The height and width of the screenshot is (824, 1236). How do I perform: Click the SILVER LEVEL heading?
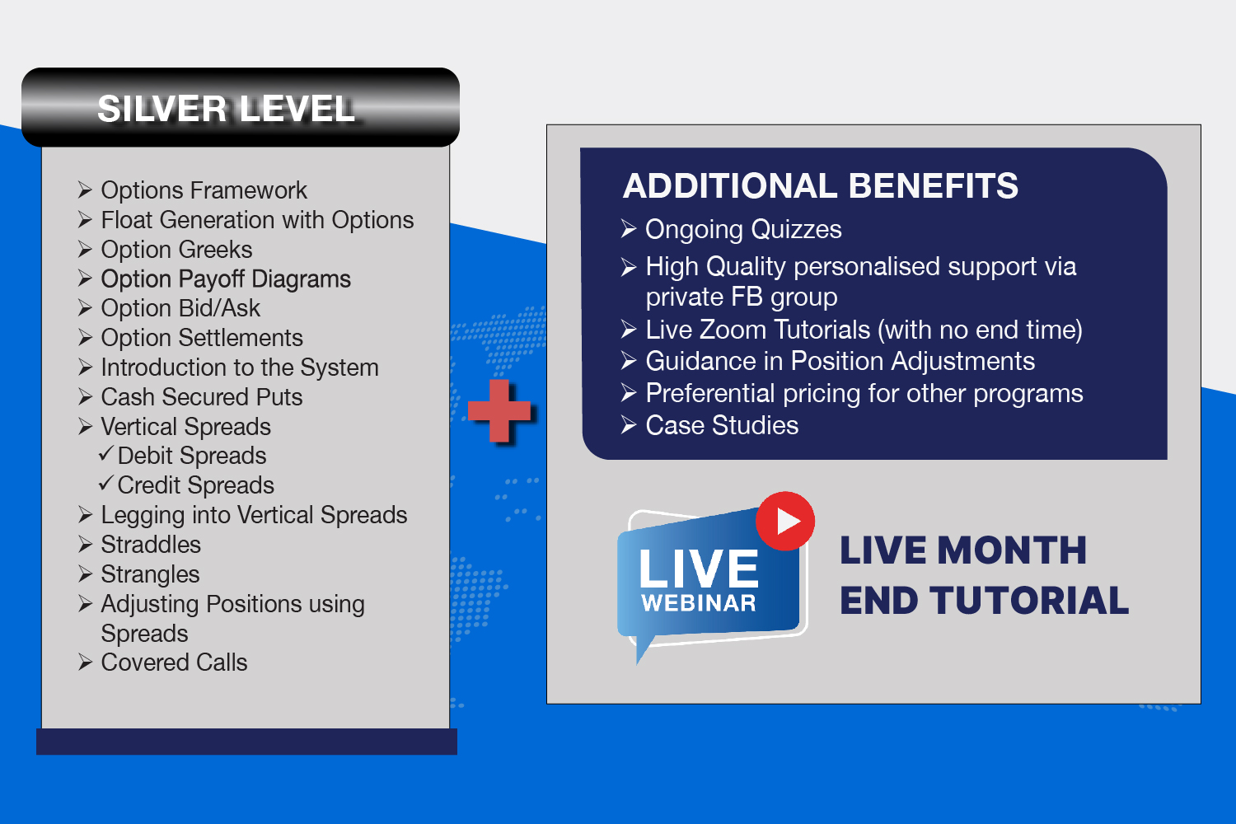coord(226,108)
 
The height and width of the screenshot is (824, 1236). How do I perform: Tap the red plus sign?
coord(499,410)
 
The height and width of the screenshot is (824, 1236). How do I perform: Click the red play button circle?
coord(784,521)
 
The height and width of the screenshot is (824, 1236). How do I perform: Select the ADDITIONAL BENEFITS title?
coord(820,185)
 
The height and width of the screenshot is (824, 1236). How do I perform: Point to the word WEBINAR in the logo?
coord(699,603)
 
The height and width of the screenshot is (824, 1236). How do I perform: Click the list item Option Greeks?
coord(176,250)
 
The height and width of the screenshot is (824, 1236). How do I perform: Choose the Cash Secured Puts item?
coord(202,397)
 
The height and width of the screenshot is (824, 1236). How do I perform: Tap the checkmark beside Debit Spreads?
coord(106,454)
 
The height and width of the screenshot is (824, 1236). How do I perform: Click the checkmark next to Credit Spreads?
coord(106,484)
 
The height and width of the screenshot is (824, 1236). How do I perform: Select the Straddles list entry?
coord(151,545)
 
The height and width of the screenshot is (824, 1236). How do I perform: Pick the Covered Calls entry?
coord(174,662)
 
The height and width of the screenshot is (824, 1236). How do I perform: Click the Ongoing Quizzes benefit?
coord(743,230)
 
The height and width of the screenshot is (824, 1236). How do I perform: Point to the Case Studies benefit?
coord(722,425)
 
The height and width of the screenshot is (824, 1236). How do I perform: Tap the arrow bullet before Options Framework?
coord(85,190)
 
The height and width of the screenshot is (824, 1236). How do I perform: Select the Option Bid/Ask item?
coord(180,308)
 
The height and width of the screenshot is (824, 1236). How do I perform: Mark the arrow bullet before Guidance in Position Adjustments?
coord(629,361)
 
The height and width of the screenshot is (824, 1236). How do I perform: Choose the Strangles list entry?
coord(150,574)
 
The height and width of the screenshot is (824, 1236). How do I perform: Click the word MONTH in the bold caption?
coord(1012,550)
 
